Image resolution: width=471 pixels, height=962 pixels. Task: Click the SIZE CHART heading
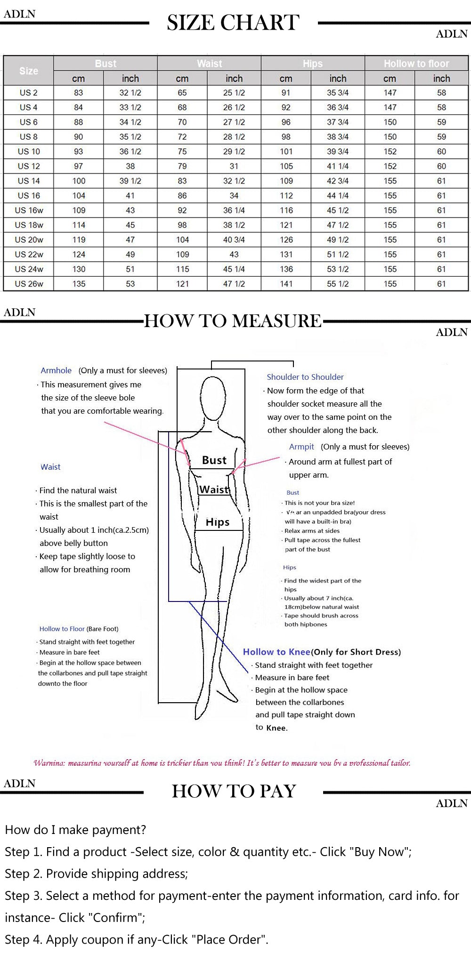(233, 23)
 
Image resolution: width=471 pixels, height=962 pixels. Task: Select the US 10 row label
(29, 152)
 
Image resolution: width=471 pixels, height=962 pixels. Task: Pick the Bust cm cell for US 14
(79, 181)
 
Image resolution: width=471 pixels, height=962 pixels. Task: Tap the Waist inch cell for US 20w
(234, 240)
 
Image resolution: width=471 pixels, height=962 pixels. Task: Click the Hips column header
(313, 64)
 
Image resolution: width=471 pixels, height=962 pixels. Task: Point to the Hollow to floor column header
(416, 64)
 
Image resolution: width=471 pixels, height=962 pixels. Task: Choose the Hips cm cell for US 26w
(286, 284)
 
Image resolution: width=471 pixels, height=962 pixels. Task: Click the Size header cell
(29, 71)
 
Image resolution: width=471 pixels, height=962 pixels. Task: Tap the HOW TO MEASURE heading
(233, 321)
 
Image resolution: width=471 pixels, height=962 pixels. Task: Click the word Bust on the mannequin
(214, 460)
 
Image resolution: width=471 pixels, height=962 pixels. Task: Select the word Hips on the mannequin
(218, 522)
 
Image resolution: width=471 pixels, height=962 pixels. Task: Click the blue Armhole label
(56, 370)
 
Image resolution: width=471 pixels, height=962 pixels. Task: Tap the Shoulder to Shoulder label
(305, 377)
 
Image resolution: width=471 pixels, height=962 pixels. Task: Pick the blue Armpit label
(301, 447)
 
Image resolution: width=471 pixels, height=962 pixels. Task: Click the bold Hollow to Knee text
(276, 652)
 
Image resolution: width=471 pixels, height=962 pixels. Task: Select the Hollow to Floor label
(62, 629)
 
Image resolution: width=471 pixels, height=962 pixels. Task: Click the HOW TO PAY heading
(234, 791)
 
